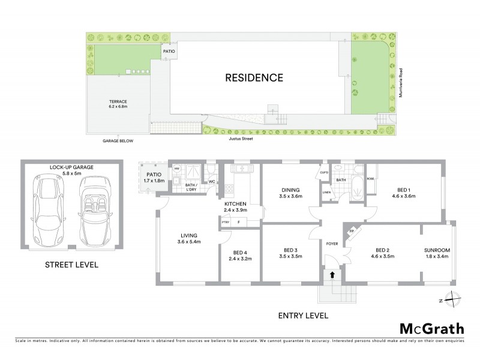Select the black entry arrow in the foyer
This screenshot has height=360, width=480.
click(x=332, y=275)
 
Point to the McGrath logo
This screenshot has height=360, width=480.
click(x=431, y=328)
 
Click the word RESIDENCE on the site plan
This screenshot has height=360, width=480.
click(x=254, y=77)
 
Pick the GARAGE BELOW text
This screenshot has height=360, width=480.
click(x=118, y=141)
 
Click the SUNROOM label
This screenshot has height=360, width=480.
click(x=437, y=250)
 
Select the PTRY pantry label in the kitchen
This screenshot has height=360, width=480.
click(x=226, y=223)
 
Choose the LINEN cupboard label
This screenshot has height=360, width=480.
click(x=326, y=192)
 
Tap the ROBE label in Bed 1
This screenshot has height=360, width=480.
click(x=371, y=178)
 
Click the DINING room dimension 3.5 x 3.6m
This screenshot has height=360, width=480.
click(x=290, y=196)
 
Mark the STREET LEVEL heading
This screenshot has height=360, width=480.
click(x=71, y=265)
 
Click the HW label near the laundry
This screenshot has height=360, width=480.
click(x=177, y=169)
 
